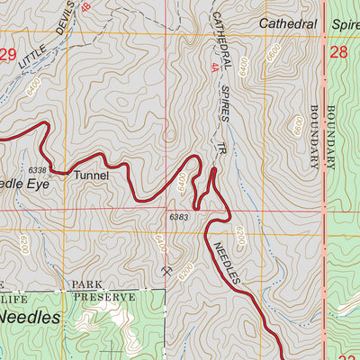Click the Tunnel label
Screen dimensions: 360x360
tap(91, 175)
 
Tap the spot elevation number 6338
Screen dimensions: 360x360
tap(37, 169)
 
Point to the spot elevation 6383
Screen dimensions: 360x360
tap(179, 217)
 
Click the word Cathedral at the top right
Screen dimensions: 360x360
tap(289, 22)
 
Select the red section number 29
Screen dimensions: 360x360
tap(8, 55)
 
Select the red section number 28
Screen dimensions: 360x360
tap(338, 53)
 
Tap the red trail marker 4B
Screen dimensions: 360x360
tap(85, 7)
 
